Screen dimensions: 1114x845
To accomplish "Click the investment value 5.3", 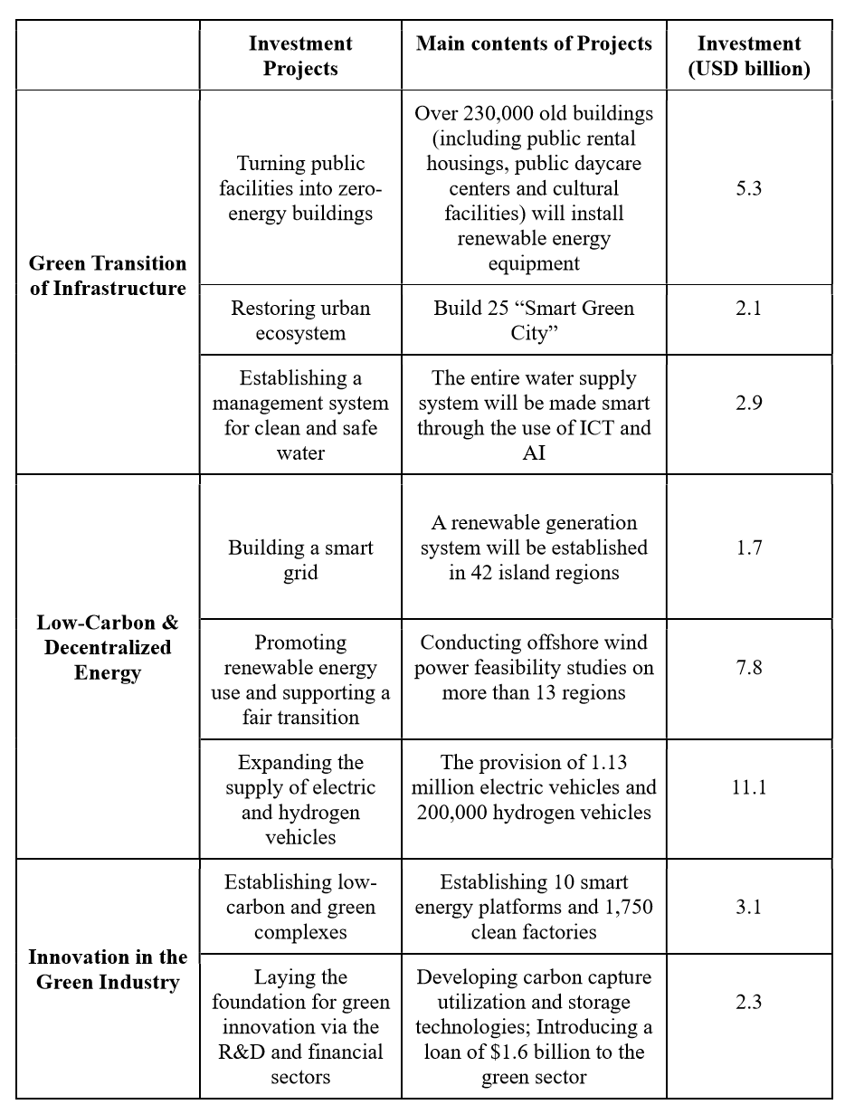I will tap(748, 189).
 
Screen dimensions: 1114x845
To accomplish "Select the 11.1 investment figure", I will tap(748, 786).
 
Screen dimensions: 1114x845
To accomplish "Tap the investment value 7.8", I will tap(748, 667).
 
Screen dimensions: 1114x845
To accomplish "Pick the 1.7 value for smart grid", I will tap(748, 547).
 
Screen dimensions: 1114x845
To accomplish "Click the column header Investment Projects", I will tap(300, 55).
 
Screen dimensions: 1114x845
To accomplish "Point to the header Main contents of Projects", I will tap(534, 43).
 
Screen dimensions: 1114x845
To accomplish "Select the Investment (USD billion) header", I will tap(748, 55).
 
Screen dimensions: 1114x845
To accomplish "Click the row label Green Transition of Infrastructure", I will tap(108, 275).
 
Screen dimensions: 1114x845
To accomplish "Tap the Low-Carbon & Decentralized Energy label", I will tap(108, 647).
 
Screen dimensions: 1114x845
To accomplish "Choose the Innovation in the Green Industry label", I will tap(108, 969).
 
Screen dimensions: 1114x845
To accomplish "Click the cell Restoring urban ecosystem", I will tap(300, 320).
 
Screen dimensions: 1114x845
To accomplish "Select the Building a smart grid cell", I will tap(300, 560).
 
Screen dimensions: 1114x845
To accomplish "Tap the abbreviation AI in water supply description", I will tap(534, 452).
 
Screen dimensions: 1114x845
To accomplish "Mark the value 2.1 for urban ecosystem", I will tap(748, 308).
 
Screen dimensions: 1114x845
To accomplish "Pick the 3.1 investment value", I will tap(748, 907).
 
